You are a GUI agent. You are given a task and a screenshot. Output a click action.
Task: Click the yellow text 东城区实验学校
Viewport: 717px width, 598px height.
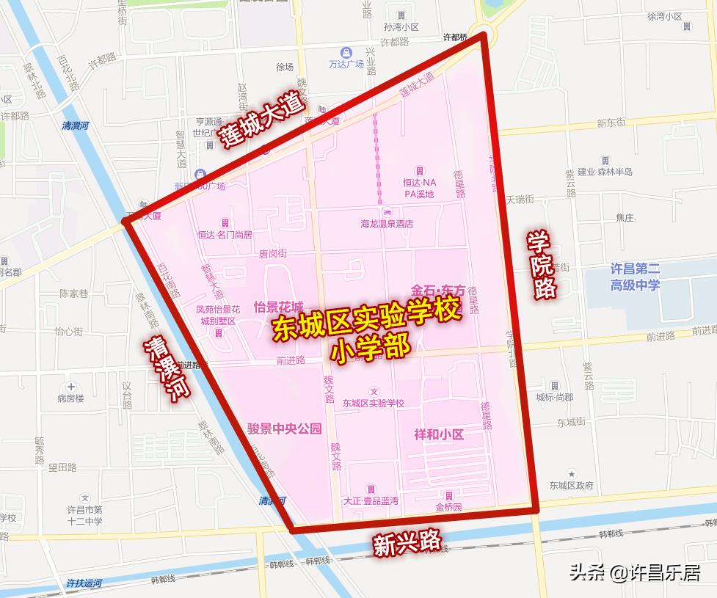coord(368,320)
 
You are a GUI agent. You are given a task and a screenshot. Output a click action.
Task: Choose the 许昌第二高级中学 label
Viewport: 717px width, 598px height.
coord(635,277)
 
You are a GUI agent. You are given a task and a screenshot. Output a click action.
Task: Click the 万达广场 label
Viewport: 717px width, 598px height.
coord(346,65)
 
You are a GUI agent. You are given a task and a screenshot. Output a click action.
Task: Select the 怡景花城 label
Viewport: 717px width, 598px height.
coord(278,306)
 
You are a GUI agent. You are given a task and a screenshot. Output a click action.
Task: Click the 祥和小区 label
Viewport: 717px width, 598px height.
coord(439,434)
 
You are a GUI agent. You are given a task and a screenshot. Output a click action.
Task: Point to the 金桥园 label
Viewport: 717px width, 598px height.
coord(448,507)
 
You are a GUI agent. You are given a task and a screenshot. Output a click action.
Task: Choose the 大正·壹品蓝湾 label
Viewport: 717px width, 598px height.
coord(371,500)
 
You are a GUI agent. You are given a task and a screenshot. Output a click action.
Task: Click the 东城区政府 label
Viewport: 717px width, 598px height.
coord(571,486)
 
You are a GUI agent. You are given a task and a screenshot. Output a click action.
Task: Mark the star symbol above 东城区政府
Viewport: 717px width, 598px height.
coord(571,474)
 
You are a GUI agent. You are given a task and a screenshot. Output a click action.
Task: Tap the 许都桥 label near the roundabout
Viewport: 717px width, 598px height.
coord(455,37)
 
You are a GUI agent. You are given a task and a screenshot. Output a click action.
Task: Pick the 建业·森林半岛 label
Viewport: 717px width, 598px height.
coord(605,172)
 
